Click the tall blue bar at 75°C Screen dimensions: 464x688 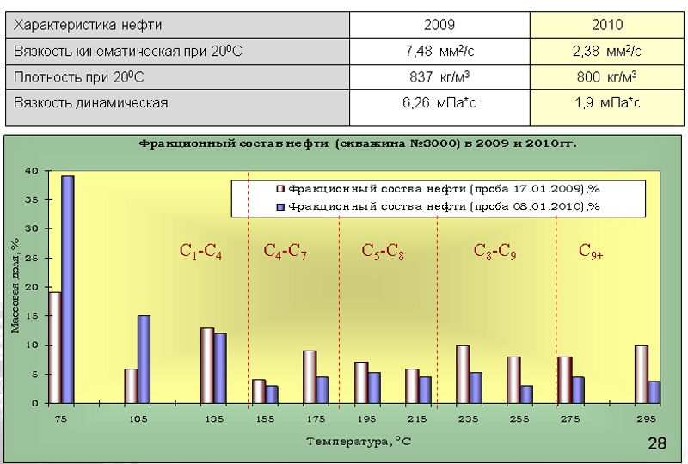point(67,289)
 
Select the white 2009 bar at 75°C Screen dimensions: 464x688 point(54,347)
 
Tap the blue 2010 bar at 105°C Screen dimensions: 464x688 point(144,359)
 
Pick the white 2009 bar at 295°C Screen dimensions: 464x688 point(640,374)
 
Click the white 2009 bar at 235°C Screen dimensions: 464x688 point(463,374)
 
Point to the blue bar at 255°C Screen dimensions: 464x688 point(526,394)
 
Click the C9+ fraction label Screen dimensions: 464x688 point(591,251)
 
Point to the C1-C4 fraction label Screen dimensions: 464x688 point(200,251)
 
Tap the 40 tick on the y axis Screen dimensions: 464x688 point(31,171)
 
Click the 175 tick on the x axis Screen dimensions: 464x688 point(316,418)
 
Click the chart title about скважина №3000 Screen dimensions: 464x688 point(357,143)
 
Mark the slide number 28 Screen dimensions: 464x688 point(656,443)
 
